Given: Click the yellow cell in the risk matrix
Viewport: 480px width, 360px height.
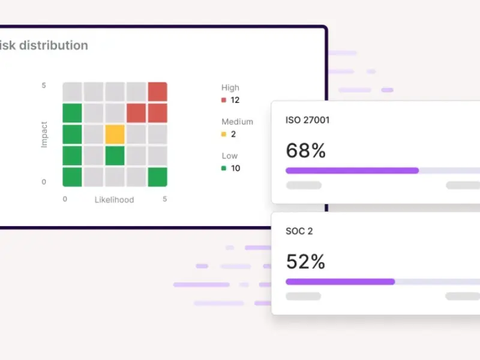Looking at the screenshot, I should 115,134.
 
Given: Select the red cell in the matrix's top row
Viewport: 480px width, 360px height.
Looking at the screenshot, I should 157,92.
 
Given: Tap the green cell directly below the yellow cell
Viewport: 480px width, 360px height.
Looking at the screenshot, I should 115,155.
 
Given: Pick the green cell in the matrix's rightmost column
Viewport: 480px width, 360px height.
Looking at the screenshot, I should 157,177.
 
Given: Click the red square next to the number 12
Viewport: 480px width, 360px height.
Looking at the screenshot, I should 224,100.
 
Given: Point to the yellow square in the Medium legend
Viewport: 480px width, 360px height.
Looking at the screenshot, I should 224,134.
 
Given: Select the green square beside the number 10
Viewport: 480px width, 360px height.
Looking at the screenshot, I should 224,169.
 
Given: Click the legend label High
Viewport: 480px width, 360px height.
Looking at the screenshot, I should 230,88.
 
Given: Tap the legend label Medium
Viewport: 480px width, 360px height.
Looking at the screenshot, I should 237,122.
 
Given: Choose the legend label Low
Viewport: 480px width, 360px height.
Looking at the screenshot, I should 229,156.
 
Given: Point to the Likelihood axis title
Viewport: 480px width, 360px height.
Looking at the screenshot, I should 114,199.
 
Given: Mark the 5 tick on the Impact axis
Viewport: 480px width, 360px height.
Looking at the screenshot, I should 44,86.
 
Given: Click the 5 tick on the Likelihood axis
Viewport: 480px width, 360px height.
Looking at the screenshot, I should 164,199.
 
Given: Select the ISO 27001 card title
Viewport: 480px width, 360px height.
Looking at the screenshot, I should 307,120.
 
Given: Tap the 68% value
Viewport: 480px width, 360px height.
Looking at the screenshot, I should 305,151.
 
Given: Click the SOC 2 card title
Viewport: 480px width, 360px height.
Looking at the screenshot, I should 299,231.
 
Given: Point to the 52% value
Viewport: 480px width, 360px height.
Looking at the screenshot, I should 305,262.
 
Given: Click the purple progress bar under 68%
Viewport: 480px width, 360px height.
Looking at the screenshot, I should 352,170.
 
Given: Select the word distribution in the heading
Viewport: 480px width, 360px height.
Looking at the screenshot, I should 54,46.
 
